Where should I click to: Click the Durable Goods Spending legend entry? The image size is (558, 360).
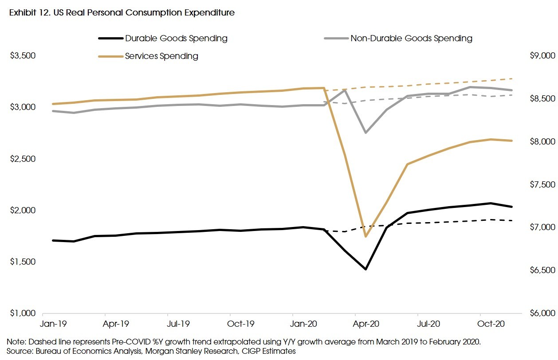pos(176,38)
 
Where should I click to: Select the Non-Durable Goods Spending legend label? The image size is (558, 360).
pos(411,38)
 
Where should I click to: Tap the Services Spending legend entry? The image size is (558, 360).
pos(161,56)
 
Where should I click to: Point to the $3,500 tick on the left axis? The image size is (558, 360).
pos(23,56)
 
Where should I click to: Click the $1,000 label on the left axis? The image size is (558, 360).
pos(23,313)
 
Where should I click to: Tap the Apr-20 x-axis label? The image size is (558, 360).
pos(366,324)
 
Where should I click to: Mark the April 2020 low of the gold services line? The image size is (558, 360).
pos(365,237)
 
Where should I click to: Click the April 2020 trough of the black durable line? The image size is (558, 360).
pos(365,269)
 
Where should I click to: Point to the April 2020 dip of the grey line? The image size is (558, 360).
pos(365,133)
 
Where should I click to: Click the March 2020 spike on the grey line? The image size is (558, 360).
pos(345,90)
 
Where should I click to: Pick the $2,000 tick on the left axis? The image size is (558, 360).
pos(23,210)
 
